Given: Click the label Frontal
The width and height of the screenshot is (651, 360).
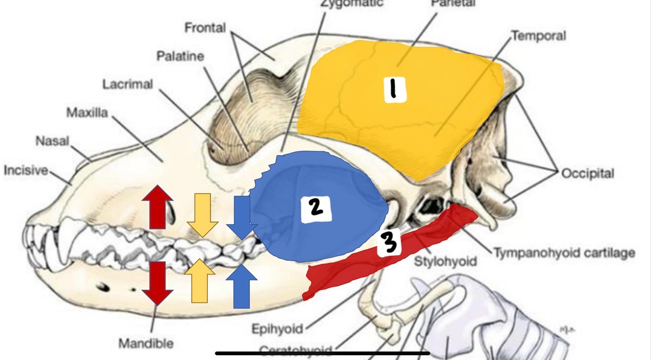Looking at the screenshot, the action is pos(205,28).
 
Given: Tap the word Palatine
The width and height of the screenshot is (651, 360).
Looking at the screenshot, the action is pos(180,56).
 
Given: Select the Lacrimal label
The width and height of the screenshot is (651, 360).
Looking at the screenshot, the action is pos(127,84).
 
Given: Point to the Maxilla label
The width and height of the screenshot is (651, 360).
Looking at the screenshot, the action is pos(87,113).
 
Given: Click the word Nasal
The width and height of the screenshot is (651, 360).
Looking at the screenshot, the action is pos(52,141).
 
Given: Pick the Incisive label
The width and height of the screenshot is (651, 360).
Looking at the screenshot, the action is pos(26,170).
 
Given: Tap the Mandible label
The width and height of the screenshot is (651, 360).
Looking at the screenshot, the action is pos(146,343).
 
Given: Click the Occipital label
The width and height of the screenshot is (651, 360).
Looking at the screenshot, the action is pos(588,173).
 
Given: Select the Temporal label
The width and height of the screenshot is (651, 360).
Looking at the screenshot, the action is pos(538,36).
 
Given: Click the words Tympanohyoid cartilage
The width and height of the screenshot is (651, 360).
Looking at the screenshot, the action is pos(564,253).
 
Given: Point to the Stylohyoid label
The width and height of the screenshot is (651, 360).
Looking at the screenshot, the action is pos(445,261).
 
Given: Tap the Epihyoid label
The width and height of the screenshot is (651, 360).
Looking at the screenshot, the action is pos(277,329).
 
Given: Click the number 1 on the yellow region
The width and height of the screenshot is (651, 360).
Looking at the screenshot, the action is pos(395,89).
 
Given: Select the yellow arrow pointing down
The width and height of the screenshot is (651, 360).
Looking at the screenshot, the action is pos(202,215).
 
